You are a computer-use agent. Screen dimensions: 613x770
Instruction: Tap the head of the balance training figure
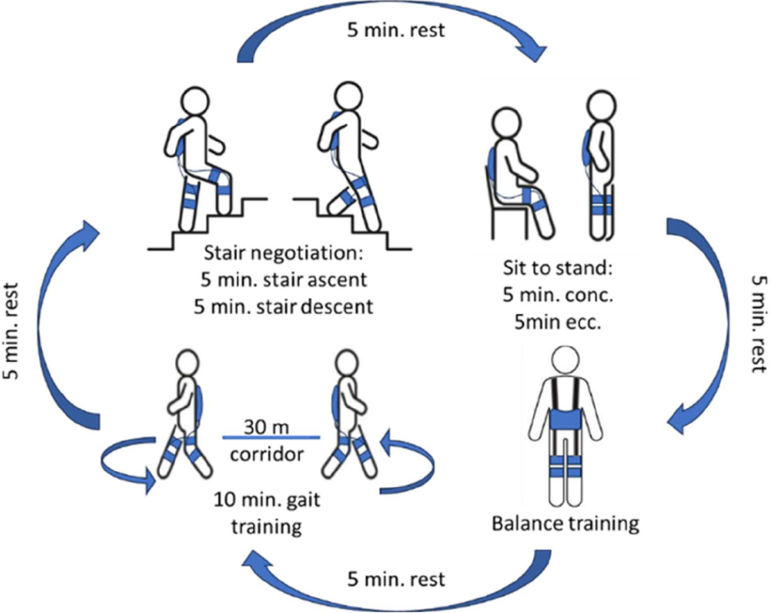point(565,363)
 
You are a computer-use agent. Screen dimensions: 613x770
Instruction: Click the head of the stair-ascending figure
point(193,103)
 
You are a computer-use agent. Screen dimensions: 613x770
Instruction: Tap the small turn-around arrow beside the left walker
point(128,465)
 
